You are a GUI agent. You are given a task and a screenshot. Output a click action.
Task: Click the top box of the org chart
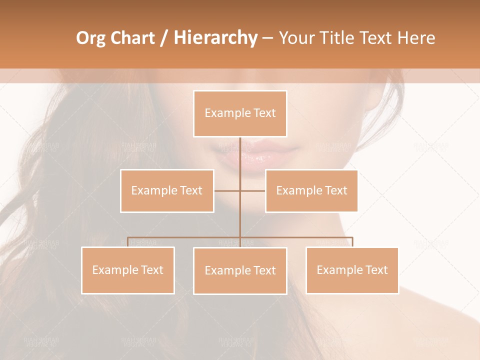pos(240,113)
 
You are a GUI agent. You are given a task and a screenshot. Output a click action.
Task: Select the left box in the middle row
pos(167,190)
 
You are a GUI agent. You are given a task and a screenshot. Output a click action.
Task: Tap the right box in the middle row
pos(311,190)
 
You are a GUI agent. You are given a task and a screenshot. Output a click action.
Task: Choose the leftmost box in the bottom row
pos(128,270)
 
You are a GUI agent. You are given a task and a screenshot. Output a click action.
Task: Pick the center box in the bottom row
pos(240,270)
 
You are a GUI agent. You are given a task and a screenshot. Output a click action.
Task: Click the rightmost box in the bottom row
pos(352,270)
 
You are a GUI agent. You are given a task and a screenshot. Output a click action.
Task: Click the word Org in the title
pos(90,38)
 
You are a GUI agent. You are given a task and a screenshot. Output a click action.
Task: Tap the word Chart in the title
pos(132,38)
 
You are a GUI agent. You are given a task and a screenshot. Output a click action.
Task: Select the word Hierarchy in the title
pos(215,38)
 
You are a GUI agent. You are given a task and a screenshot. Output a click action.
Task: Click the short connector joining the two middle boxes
pos(240,190)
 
